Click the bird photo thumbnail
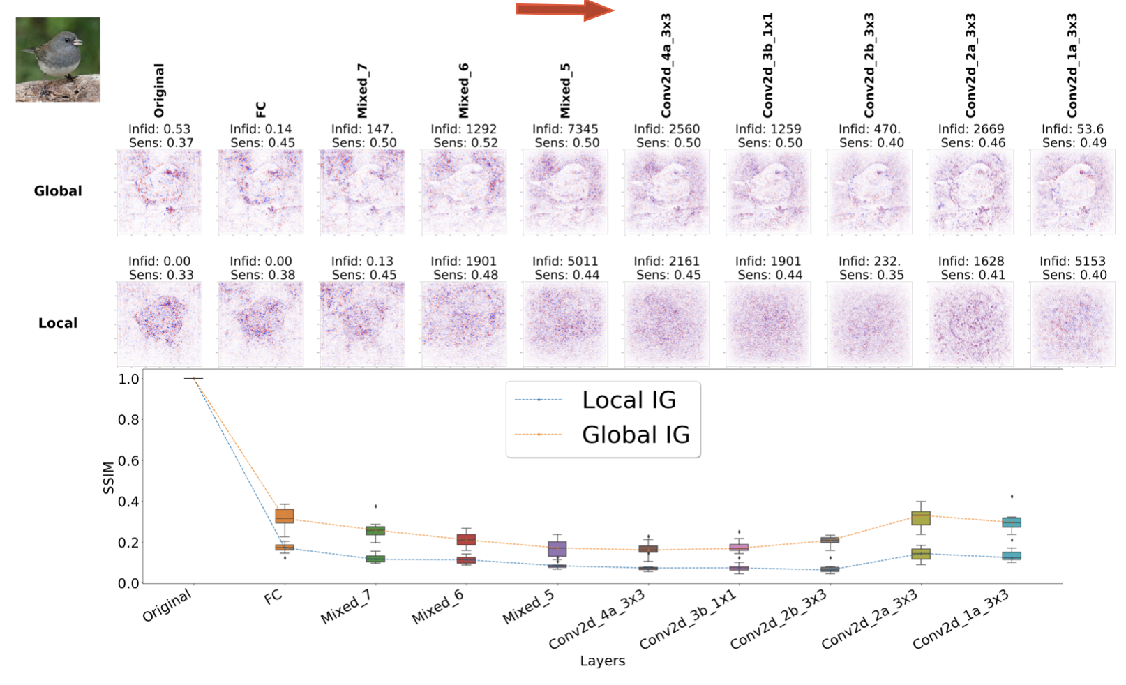click(58, 60)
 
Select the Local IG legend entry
click(628, 400)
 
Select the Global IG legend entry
click(635, 435)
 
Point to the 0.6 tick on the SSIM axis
click(128, 460)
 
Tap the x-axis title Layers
click(602, 661)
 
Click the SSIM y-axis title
click(108, 477)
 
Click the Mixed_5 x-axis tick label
click(529, 607)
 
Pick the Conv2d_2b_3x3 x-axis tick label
click(779, 619)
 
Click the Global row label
click(58, 191)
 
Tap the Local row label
click(58, 323)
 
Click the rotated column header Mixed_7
click(362, 91)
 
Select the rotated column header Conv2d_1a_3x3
click(1072, 66)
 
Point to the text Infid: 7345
click(565, 129)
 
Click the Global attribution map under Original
click(160, 192)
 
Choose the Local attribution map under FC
click(261, 324)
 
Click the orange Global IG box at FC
click(285, 516)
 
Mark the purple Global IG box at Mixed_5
click(557, 549)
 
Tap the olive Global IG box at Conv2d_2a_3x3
click(921, 518)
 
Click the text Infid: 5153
click(1072, 262)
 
